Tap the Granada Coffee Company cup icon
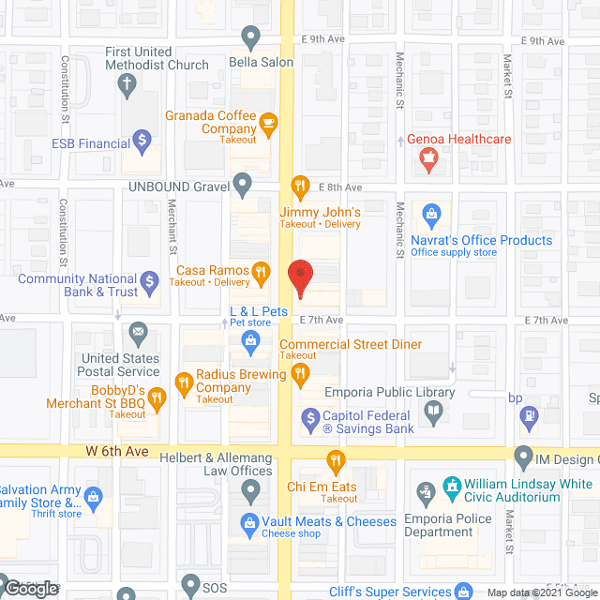click(x=269, y=121)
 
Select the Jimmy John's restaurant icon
click(x=300, y=186)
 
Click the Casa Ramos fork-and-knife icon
click(x=263, y=273)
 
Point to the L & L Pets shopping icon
click(x=251, y=342)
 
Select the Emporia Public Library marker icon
click(x=433, y=409)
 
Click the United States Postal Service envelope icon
click(x=139, y=331)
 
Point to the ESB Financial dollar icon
click(x=142, y=143)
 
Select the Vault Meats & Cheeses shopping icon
click(x=249, y=521)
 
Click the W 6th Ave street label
click(x=117, y=451)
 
